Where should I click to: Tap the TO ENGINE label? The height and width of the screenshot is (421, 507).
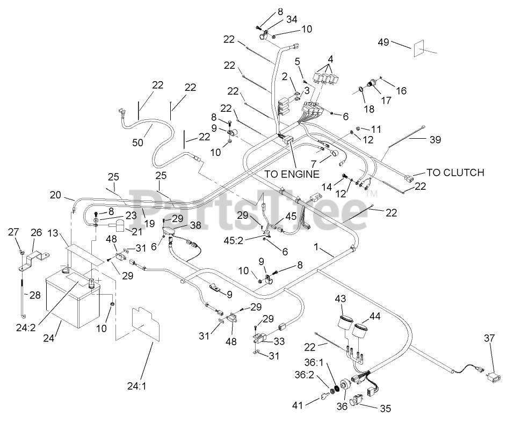(x=292, y=174)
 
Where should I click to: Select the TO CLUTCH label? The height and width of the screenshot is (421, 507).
(x=455, y=173)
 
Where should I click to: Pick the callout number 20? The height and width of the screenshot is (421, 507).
(x=56, y=195)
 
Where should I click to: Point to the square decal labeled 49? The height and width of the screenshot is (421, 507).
(x=420, y=49)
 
